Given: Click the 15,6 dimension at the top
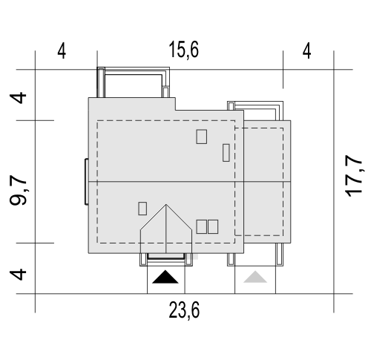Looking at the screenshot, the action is pos(183,50).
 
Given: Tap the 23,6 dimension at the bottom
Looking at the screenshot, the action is pos(184,310).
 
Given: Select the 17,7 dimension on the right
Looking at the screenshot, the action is pos(354,176).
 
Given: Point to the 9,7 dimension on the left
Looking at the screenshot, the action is pos(18,190).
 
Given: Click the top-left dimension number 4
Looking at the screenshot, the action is pos(62,51).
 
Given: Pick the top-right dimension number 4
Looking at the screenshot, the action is pos(306,51).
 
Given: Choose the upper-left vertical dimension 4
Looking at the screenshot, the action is pos(18,98).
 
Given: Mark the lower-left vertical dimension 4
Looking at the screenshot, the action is pos(18,275).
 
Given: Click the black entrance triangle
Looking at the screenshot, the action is pos(165,278).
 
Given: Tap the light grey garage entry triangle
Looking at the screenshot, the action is pos(255,277).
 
